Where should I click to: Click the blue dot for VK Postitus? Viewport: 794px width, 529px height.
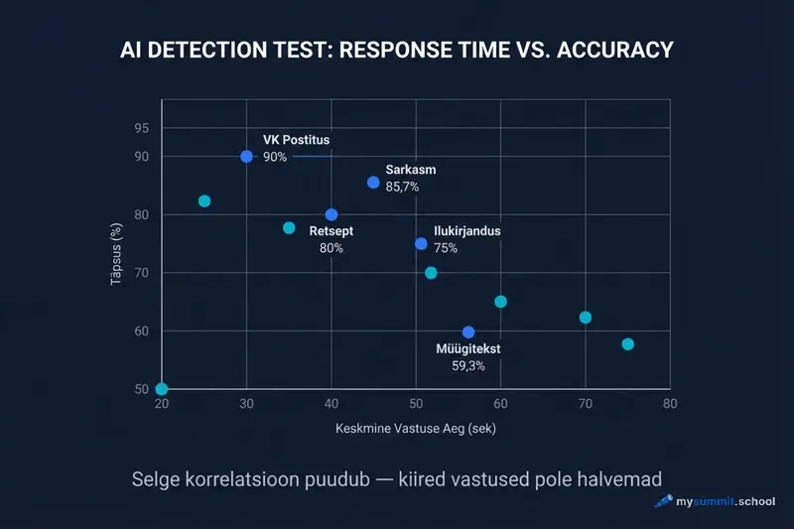tap(246, 156)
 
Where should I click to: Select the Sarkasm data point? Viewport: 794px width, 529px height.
tap(373, 183)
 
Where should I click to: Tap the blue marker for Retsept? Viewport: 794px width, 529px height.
tap(331, 214)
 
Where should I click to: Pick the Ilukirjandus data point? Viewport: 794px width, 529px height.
tap(421, 243)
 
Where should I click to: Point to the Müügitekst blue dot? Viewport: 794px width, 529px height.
tap(468, 331)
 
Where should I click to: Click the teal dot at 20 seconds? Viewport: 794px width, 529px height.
tap(162, 389)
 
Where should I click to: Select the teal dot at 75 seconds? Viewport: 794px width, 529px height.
tap(627, 343)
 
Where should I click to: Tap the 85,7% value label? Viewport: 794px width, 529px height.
tap(402, 187)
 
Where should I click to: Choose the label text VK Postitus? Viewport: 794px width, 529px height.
tap(296, 140)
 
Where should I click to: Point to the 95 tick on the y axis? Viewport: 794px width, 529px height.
tap(141, 128)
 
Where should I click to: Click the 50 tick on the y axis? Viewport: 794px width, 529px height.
tap(141, 389)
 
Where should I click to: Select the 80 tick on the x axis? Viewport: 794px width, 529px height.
tap(670, 405)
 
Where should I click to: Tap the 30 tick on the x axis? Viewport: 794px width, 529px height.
tap(246, 405)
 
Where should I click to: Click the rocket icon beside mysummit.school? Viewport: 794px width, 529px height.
tap(663, 502)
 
